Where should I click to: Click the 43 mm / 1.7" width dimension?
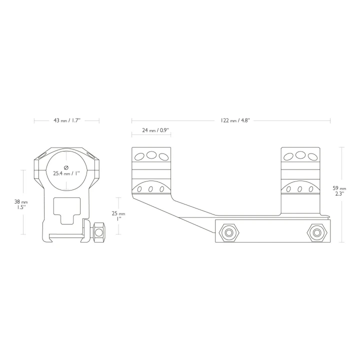(x=66, y=120)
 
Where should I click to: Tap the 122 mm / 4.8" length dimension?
(x=235, y=120)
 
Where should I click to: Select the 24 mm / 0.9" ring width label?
(x=155, y=130)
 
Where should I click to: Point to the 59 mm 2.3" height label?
(x=339, y=191)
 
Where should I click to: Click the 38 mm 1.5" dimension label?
(x=21, y=204)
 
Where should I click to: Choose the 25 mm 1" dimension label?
(x=118, y=216)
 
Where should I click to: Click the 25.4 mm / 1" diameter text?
(x=66, y=173)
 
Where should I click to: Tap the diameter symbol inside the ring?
(x=66, y=167)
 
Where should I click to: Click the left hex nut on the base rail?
(x=229, y=232)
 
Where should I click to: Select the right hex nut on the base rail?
(x=317, y=232)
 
